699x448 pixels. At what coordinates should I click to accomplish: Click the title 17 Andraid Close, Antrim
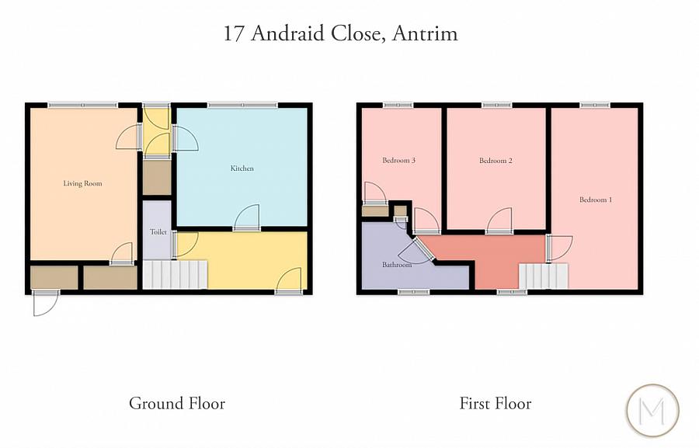[340, 34]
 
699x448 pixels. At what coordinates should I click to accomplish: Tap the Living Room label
[82, 184]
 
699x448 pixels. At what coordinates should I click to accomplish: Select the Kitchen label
[242, 168]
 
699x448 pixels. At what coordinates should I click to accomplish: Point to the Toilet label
[158, 232]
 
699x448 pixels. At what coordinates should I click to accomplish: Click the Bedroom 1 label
[596, 200]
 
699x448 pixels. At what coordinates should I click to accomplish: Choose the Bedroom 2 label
[496, 161]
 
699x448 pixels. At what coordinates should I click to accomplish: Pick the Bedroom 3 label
[399, 161]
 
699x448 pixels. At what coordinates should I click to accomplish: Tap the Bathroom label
[396, 265]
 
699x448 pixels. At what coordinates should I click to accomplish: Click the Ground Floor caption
[177, 404]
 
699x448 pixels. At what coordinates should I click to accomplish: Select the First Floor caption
[496, 404]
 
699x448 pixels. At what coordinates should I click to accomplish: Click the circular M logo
[652, 409]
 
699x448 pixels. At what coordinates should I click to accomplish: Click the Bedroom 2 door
[499, 222]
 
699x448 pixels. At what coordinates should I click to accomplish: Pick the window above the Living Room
[83, 105]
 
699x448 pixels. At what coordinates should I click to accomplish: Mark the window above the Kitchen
[242, 105]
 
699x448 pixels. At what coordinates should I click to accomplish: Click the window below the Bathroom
[414, 292]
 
